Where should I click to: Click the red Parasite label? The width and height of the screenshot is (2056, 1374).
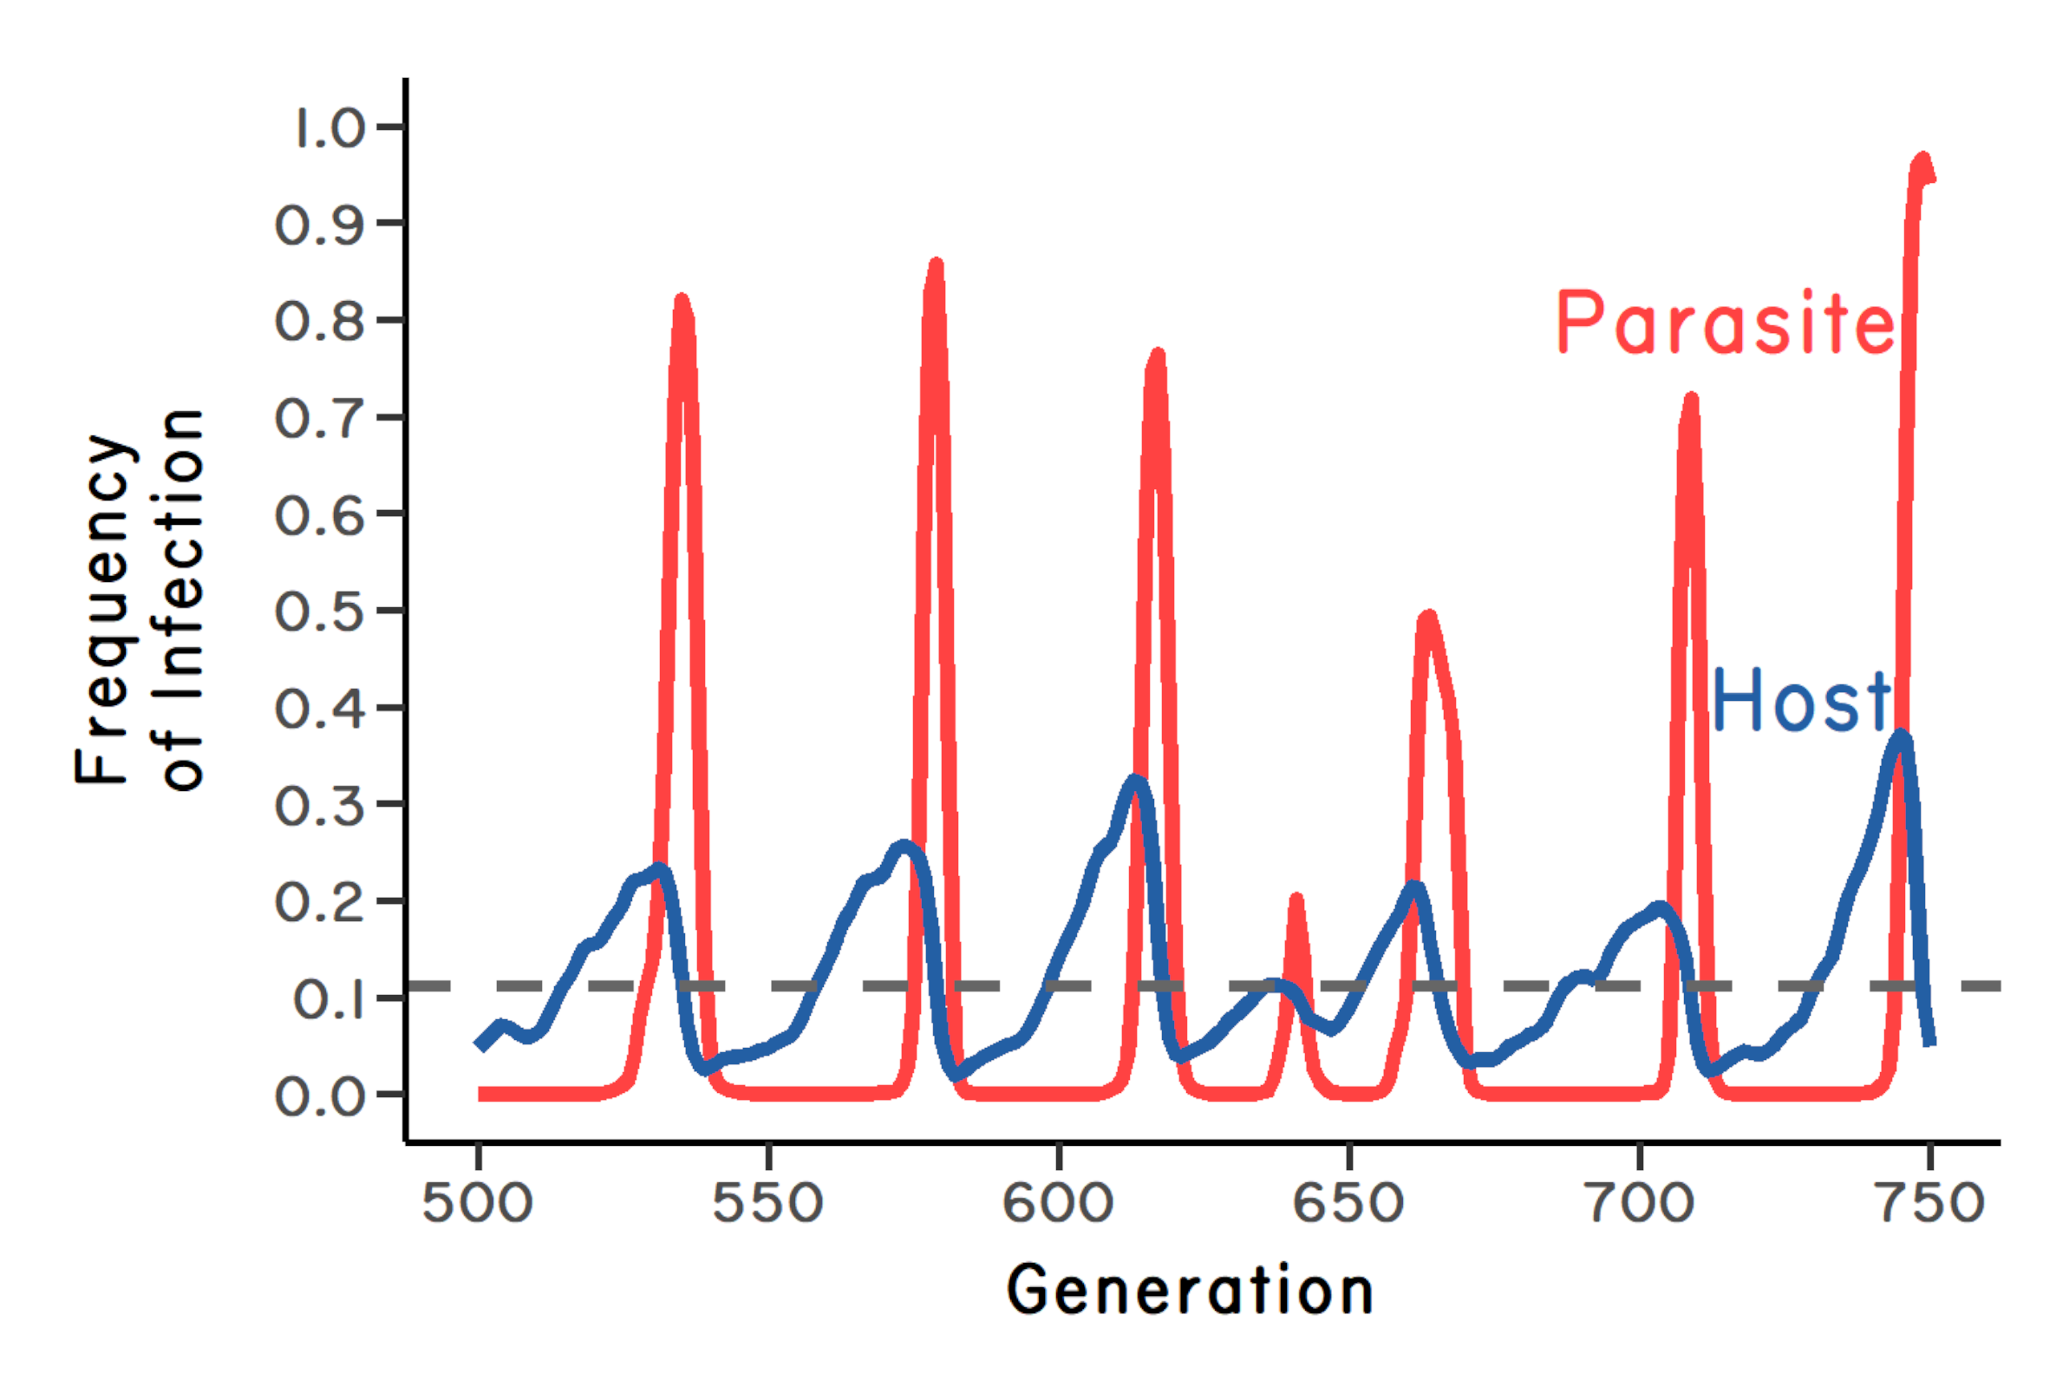pos(1725,324)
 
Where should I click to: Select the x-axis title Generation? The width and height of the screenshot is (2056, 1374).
pos(1190,1291)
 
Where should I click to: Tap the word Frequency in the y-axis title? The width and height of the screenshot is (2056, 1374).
pos(105,608)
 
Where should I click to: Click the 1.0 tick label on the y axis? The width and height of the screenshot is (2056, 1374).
pos(330,128)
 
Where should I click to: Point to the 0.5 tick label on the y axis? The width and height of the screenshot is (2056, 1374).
pos(320,612)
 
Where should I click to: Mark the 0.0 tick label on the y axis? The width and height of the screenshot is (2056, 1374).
pos(320,1096)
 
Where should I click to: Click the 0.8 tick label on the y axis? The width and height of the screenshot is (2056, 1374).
pos(320,322)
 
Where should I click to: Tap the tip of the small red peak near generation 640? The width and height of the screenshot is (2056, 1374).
pos(1296,899)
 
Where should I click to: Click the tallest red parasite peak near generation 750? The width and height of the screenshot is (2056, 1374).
pos(1922,160)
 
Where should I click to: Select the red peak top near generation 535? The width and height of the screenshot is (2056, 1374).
pos(682,300)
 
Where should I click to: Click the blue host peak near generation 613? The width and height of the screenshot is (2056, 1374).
pos(1135,781)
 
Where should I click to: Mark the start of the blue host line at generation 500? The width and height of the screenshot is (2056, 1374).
pos(480,1045)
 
